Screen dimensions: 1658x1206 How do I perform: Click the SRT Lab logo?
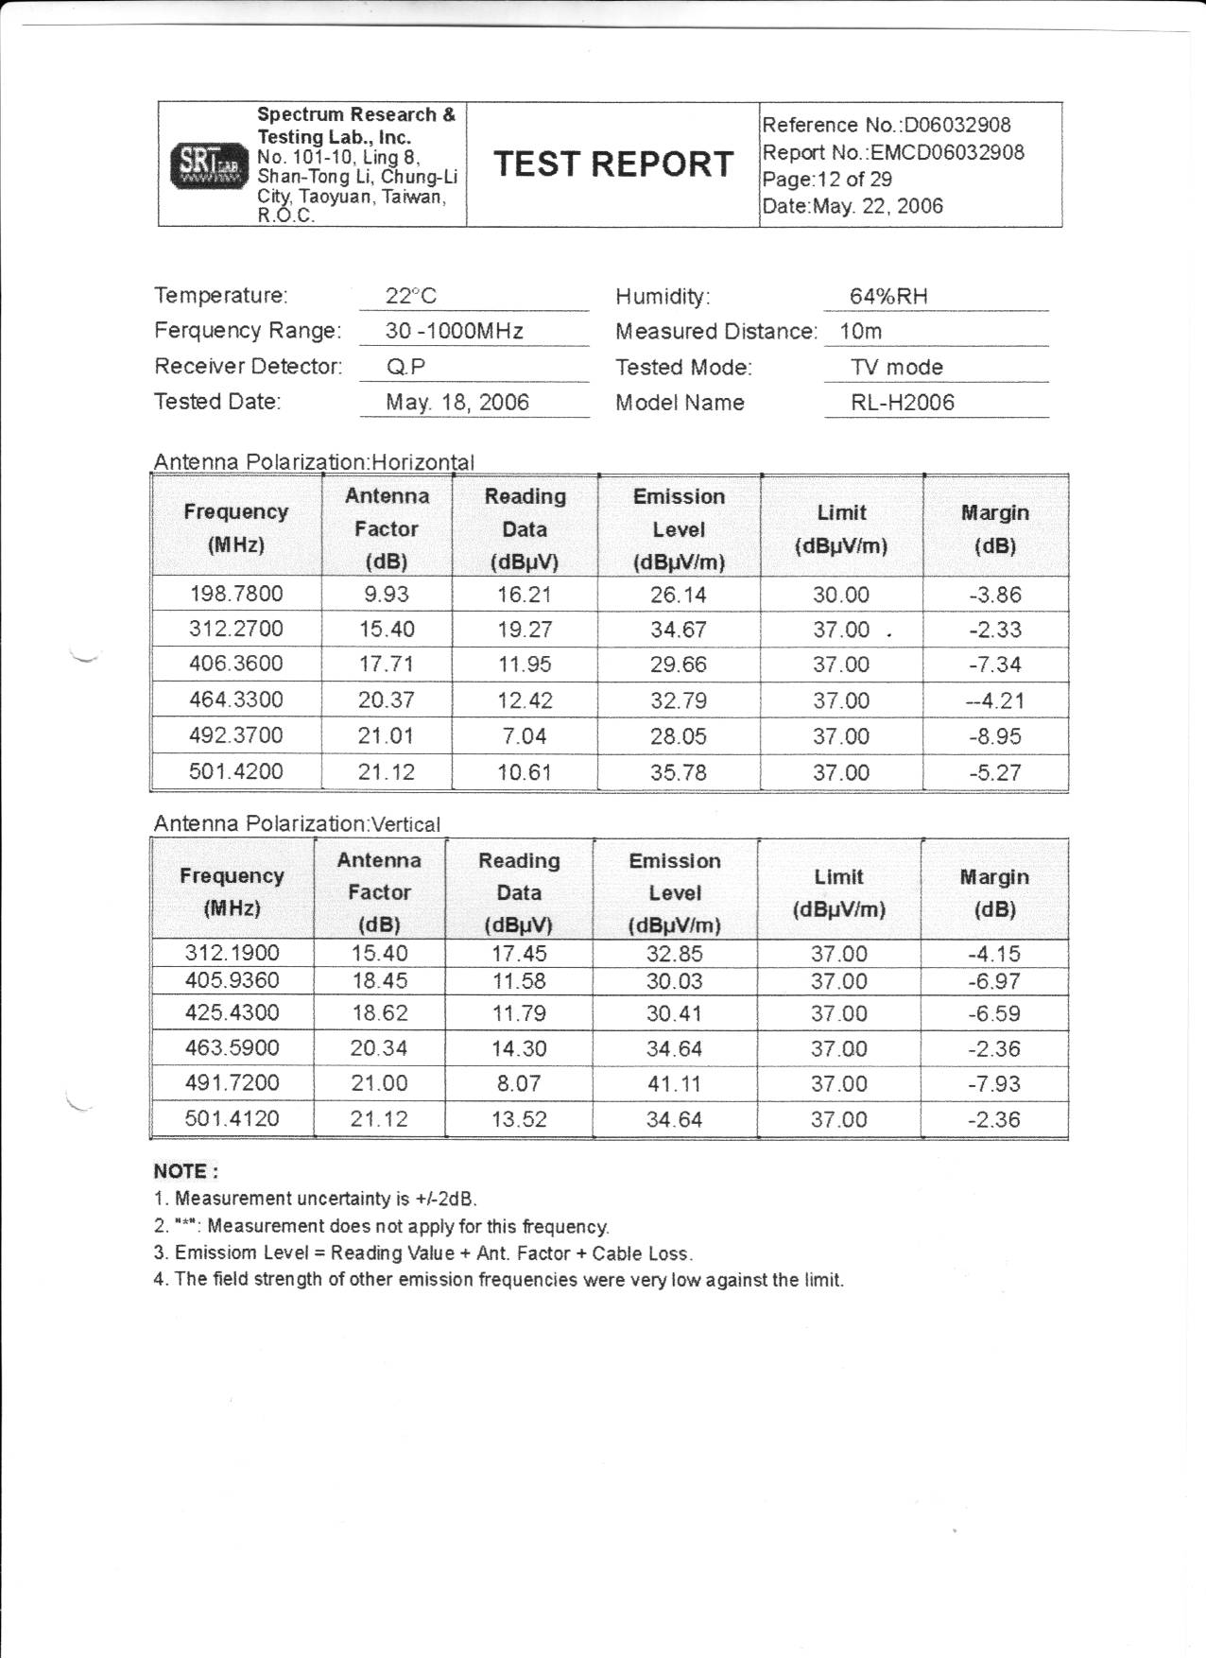point(208,166)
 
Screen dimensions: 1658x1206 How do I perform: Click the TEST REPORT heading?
point(612,164)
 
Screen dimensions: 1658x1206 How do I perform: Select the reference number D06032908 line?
point(886,125)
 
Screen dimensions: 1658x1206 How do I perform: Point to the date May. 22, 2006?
point(852,206)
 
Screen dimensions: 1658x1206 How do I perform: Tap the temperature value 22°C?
point(411,296)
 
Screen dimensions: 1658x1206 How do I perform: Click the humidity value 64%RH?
point(888,296)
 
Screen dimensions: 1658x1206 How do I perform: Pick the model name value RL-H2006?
point(902,403)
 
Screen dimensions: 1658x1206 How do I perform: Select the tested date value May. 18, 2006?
point(457,403)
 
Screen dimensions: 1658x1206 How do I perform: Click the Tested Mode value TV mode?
point(896,367)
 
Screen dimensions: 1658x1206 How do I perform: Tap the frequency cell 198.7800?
point(235,594)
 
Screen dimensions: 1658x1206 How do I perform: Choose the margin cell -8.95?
point(994,736)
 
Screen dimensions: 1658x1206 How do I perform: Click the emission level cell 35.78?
point(678,772)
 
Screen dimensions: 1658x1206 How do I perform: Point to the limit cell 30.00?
point(840,595)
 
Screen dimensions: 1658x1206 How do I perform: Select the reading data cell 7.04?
point(524,736)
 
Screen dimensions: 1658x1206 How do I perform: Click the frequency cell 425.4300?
point(232,1013)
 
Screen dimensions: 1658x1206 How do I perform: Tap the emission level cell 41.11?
point(673,1083)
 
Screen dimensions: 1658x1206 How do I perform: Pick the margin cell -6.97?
point(993,981)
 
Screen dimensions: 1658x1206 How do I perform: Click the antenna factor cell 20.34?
point(379,1048)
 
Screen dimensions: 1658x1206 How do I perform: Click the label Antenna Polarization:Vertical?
point(297,824)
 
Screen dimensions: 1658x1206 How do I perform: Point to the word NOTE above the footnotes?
point(185,1171)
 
